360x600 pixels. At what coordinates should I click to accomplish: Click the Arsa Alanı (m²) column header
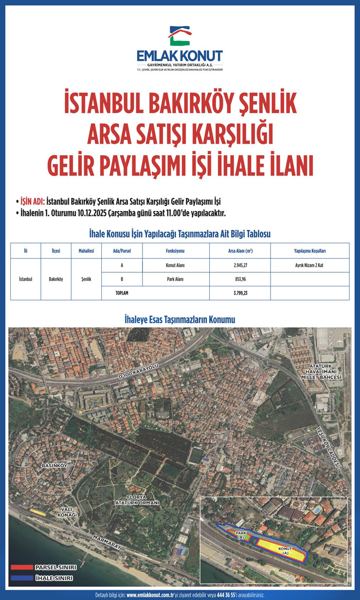click(x=239, y=251)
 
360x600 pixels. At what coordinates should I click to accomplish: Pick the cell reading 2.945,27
click(x=239, y=265)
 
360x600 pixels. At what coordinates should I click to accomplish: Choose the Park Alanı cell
click(x=176, y=280)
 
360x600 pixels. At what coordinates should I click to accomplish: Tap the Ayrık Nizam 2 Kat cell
click(x=309, y=265)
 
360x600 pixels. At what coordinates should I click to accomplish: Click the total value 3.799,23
click(x=239, y=293)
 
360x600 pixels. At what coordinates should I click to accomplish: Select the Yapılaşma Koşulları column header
click(x=309, y=251)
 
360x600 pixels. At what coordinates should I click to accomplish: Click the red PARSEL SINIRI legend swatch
click(x=21, y=567)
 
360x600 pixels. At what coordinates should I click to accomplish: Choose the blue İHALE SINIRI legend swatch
click(x=21, y=578)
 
